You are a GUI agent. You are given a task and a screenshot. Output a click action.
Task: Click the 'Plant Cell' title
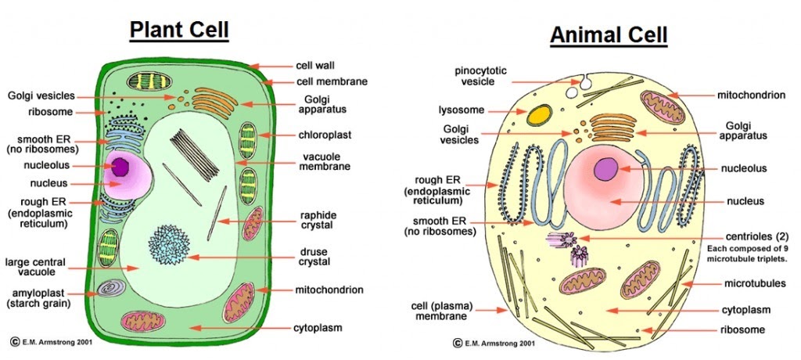pyautogui.click(x=179, y=31)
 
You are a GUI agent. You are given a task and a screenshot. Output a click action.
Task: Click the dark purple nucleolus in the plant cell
pyautogui.click(x=121, y=167)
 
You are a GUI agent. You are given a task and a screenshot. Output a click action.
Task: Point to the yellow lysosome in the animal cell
pyautogui.click(x=539, y=115)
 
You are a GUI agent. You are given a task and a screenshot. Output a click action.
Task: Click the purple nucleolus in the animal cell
pyautogui.click(x=606, y=169)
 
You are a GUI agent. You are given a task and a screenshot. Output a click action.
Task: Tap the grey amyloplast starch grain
pyautogui.click(x=111, y=289)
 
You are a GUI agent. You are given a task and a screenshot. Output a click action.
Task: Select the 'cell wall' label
pyautogui.click(x=315, y=66)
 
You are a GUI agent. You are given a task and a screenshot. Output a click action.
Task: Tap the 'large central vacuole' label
pyautogui.click(x=35, y=267)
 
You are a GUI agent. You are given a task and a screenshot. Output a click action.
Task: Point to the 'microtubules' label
pyautogui.click(x=755, y=283)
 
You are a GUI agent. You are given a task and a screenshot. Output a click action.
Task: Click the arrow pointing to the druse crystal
pyautogui.click(x=242, y=257)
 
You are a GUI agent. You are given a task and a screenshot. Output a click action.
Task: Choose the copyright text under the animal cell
pyautogui.click(x=494, y=343)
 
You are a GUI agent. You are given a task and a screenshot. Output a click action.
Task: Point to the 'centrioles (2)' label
pyautogui.click(x=756, y=237)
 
